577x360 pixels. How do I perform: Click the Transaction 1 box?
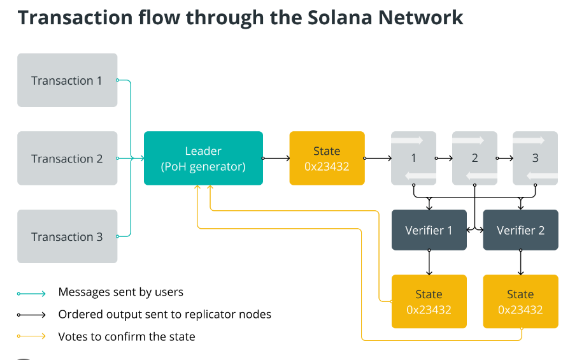coord(67,80)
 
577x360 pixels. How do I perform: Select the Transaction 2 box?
coord(67,158)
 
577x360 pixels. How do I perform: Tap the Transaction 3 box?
coord(67,236)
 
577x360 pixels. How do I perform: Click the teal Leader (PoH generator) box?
coord(203,158)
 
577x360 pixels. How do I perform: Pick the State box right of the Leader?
coord(327,158)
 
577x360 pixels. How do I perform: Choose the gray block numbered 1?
coord(413,158)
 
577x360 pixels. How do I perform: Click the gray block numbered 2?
coord(474,158)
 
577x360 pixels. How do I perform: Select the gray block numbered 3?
coord(535,158)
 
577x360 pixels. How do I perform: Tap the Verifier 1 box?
coord(429,230)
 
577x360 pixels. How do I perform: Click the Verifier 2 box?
coord(520,230)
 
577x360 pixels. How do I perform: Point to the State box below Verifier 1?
coord(429,301)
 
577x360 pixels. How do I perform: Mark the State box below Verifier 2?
coord(520,301)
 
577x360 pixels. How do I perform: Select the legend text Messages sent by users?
coord(120,292)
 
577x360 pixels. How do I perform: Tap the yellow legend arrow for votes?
coord(32,336)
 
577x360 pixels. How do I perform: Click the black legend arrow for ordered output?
coord(32,315)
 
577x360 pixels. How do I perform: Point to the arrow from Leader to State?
coord(276,158)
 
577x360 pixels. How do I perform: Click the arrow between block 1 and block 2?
coord(444,158)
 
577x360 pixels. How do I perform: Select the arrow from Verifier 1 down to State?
coord(429,262)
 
